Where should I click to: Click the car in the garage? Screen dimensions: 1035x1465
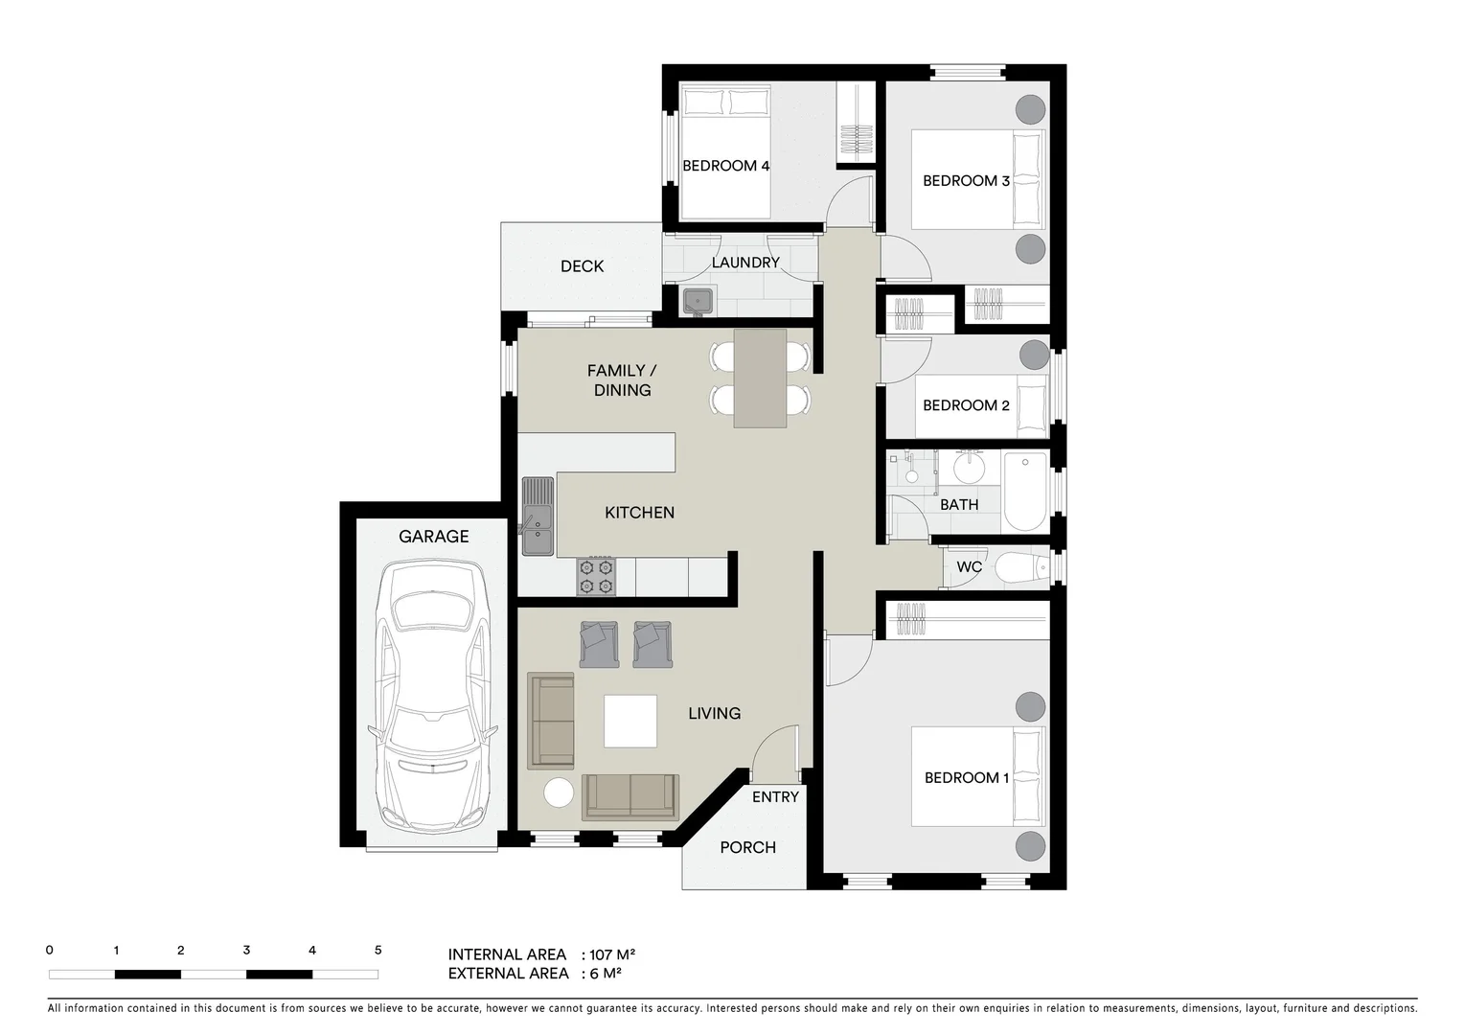tap(433, 698)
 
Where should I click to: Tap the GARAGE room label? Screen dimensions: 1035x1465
tap(433, 537)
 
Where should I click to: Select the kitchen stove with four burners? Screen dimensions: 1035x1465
tap(596, 576)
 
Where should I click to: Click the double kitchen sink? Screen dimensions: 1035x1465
tap(538, 517)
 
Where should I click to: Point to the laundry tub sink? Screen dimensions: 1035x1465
tap(698, 301)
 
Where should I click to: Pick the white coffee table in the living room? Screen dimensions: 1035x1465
tap(630, 722)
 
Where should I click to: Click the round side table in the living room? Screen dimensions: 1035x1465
tap(559, 793)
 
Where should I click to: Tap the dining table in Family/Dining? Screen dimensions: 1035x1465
tap(760, 379)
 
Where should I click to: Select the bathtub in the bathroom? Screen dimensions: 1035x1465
tap(1025, 492)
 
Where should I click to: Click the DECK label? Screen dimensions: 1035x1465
tap(582, 266)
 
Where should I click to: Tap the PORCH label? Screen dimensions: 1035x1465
tap(747, 847)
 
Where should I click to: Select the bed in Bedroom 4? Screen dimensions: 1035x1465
tap(724, 151)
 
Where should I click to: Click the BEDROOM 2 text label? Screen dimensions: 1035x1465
tap(965, 405)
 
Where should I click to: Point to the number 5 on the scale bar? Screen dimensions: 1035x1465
tap(378, 951)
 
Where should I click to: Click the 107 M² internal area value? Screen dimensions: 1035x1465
tap(613, 954)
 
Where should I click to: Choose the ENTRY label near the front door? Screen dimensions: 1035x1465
tap(775, 797)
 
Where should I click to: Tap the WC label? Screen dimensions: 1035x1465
tap(969, 567)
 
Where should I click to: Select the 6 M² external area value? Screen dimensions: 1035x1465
tap(606, 974)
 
